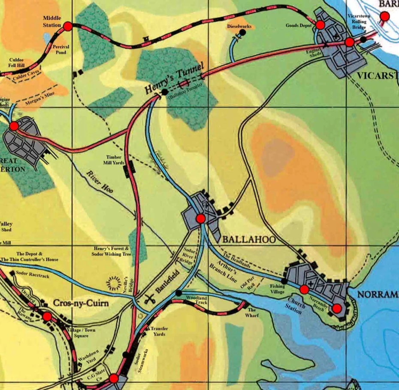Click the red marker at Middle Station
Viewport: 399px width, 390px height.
coord(67,27)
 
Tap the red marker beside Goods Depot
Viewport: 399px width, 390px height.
coord(320,25)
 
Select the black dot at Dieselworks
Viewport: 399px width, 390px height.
coord(242,32)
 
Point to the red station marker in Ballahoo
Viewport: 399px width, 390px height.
coord(200,219)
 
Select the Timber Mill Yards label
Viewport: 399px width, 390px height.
coord(115,160)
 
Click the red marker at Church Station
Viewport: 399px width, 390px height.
coord(304,289)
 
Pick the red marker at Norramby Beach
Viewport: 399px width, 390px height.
coord(337,308)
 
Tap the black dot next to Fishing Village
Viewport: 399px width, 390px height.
coord(284,281)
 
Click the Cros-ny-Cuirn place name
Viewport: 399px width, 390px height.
coord(81,303)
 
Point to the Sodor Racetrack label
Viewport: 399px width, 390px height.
coord(32,274)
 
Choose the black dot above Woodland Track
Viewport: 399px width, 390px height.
coord(178,293)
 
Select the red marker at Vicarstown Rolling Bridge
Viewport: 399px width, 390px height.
coord(349,42)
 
